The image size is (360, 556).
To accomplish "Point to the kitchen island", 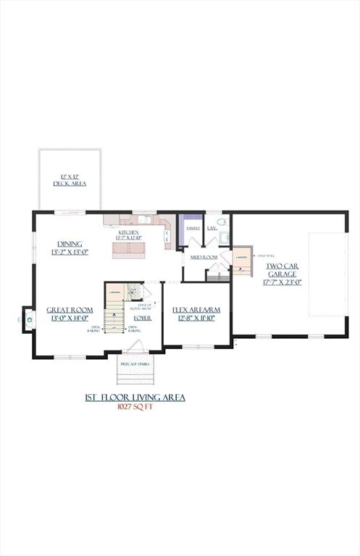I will pos(128,250).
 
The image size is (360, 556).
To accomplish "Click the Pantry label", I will pos(193,228).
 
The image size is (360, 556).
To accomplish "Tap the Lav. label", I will pos(212,228).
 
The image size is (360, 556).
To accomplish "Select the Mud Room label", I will pos(204,257).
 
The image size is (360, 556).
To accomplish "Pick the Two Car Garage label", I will pos(282,270).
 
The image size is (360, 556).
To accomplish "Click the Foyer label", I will pos(143,318).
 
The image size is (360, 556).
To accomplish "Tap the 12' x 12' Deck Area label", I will pos(70,180).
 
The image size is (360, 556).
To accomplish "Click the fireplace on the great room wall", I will pos(28,317).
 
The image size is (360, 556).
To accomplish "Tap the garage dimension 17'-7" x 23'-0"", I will pos(282,283).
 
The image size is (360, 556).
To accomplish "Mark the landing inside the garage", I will pos(242,260).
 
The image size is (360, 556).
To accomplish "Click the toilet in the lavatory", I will pos(222,224).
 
